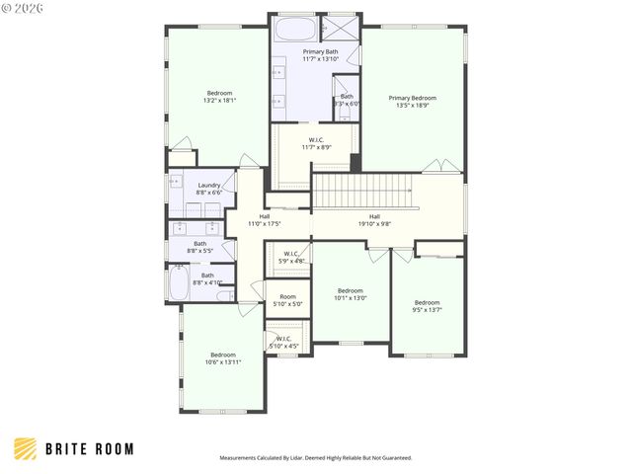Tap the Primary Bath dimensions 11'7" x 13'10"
[x=320, y=59]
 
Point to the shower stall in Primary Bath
[x=341, y=27]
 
